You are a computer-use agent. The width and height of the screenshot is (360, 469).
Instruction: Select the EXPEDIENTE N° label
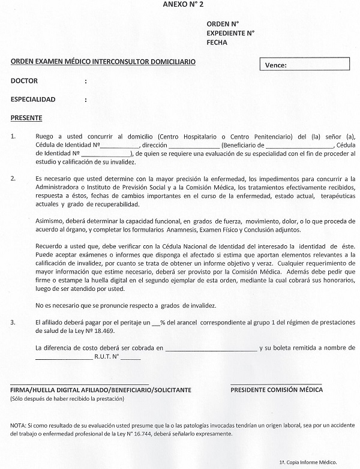pyautogui.click(x=230, y=33)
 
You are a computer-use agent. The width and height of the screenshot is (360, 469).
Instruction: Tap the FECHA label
pyautogui.click(x=217, y=43)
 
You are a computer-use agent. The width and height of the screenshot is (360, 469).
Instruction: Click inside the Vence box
pyautogui.click(x=306, y=65)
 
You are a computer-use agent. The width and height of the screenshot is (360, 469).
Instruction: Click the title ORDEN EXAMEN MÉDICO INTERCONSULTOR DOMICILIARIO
pyautogui.click(x=103, y=62)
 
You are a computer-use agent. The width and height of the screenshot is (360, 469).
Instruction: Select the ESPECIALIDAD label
pyautogui.click(x=33, y=99)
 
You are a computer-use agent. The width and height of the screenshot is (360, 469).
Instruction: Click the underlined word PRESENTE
pyautogui.click(x=26, y=118)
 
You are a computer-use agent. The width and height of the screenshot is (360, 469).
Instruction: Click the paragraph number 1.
pyautogui.click(x=13, y=137)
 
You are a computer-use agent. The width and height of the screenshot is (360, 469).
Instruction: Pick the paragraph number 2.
pyautogui.click(x=13, y=178)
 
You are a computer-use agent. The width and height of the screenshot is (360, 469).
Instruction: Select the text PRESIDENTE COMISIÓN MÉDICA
pyautogui.click(x=277, y=390)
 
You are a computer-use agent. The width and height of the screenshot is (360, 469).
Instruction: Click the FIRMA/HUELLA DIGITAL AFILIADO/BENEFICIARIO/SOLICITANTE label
pyautogui.click(x=101, y=390)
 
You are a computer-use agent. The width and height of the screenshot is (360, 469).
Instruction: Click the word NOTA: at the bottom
pyautogui.click(x=19, y=425)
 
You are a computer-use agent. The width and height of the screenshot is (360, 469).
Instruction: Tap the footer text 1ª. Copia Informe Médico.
pyautogui.click(x=308, y=462)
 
